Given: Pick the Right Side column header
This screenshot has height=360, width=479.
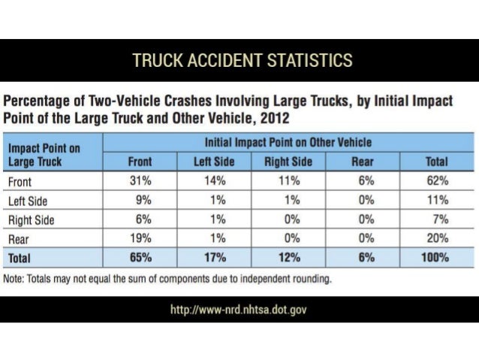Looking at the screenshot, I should [286, 162].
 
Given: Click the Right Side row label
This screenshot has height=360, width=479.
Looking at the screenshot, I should [29, 220].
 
